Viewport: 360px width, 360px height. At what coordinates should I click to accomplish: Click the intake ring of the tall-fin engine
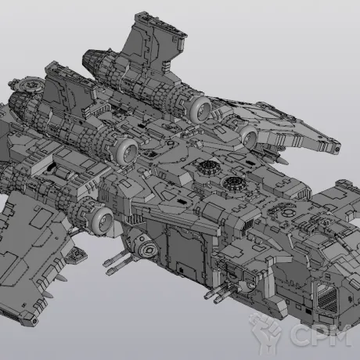tap(200, 110)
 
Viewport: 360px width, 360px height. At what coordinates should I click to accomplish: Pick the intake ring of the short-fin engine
tap(127, 152)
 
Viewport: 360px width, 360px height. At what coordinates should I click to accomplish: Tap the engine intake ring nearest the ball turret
tap(102, 219)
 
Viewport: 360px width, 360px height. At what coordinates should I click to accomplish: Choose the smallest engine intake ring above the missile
tap(249, 137)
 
